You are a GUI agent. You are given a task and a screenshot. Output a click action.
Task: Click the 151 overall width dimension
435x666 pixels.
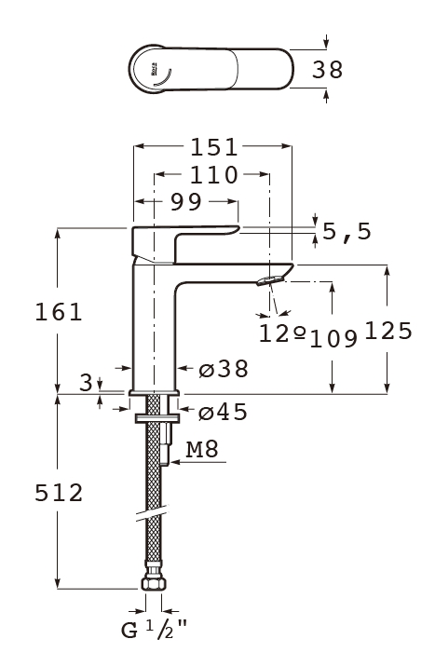[x=213, y=148]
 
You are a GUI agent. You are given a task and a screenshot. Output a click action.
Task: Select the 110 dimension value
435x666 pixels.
[x=213, y=175]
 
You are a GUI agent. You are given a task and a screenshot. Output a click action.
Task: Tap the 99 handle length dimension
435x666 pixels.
[x=185, y=202]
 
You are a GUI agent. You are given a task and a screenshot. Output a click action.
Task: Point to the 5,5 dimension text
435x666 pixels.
[x=347, y=232]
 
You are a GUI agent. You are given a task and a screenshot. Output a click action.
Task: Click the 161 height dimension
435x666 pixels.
[x=58, y=312]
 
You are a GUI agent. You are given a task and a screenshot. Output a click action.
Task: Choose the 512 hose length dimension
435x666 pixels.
[x=59, y=493]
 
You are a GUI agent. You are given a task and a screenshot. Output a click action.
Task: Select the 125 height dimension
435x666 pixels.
[x=388, y=331]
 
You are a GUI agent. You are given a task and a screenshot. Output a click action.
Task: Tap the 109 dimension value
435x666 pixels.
[x=333, y=339]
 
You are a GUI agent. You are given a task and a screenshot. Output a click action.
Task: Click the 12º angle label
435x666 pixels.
[x=282, y=333]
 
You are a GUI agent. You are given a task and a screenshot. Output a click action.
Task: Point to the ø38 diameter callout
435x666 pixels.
[x=224, y=369]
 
